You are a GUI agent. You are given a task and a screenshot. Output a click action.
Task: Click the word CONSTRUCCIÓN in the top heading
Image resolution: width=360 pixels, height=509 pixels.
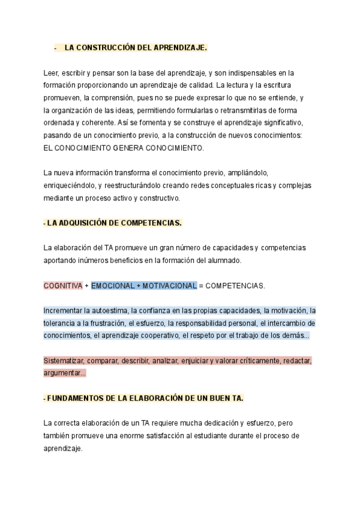click(x=108, y=47)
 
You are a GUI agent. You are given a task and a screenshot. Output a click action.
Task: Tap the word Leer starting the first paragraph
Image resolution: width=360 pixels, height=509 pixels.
click(x=51, y=73)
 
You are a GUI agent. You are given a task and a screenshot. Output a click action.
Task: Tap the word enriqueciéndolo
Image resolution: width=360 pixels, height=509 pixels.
click(x=68, y=185)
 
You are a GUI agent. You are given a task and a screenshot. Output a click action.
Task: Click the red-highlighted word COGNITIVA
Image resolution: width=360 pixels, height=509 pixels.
click(x=62, y=286)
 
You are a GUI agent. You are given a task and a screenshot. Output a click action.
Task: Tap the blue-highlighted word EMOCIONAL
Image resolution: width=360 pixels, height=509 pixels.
click(x=113, y=286)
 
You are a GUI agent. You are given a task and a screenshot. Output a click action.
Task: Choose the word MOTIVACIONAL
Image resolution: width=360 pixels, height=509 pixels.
click(x=169, y=286)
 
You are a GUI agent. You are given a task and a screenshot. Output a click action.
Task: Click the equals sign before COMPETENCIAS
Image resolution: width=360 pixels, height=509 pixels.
click(x=201, y=286)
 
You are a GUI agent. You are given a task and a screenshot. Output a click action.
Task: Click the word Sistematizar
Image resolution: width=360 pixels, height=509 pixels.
click(x=64, y=361)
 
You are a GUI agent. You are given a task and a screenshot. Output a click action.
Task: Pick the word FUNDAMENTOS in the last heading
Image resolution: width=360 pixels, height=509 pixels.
click(x=71, y=399)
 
